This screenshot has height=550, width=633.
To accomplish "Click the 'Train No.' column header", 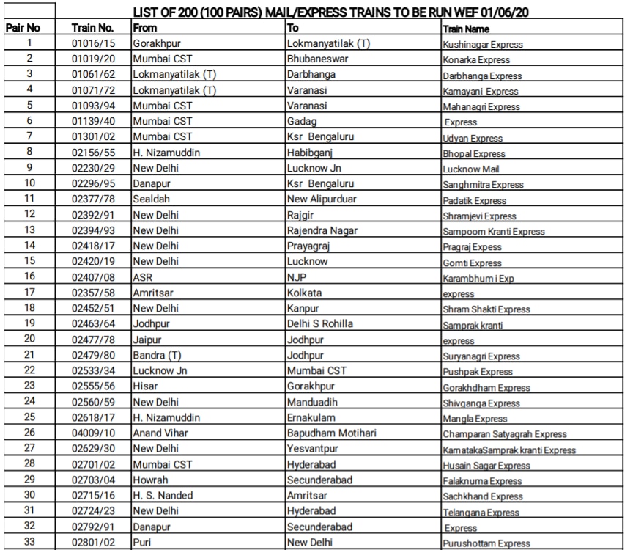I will (93, 28).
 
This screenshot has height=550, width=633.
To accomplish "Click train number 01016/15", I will (93, 43).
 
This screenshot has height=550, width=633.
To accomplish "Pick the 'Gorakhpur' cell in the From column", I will (157, 43).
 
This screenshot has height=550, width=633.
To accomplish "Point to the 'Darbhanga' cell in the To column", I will (311, 74).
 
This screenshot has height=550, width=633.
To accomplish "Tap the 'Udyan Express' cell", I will (473, 138).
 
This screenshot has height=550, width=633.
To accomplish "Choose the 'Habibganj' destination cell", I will (311, 153).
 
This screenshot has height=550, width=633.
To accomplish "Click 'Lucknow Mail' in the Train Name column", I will (471, 169).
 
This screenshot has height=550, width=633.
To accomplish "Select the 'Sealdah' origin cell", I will (151, 199).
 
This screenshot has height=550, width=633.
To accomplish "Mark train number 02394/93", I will (93, 230).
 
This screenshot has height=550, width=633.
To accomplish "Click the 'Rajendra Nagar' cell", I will (322, 230).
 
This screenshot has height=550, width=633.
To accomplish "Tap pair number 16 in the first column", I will (29, 276).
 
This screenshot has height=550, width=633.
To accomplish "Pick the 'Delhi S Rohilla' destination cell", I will (319, 323).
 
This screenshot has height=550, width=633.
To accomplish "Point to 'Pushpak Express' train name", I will (477, 372).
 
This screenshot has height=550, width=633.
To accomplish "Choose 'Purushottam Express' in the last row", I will (486, 543).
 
